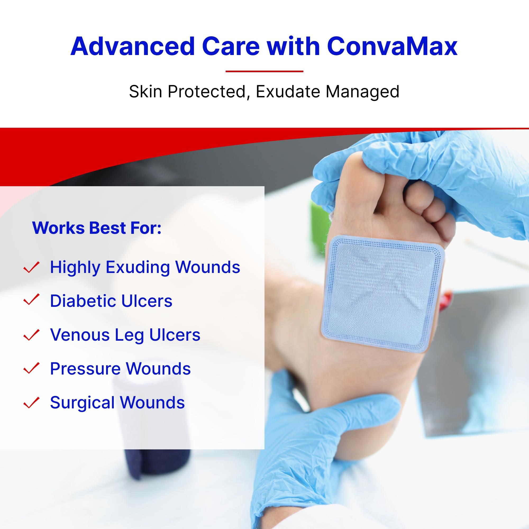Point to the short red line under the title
(x=264, y=71)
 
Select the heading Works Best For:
(x=97, y=228)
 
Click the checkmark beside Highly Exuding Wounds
(x=32, y=267)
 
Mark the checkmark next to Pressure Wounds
(x=32, y=368)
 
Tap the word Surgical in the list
(x=82, y=403)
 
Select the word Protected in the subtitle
(x=207, y=92)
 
